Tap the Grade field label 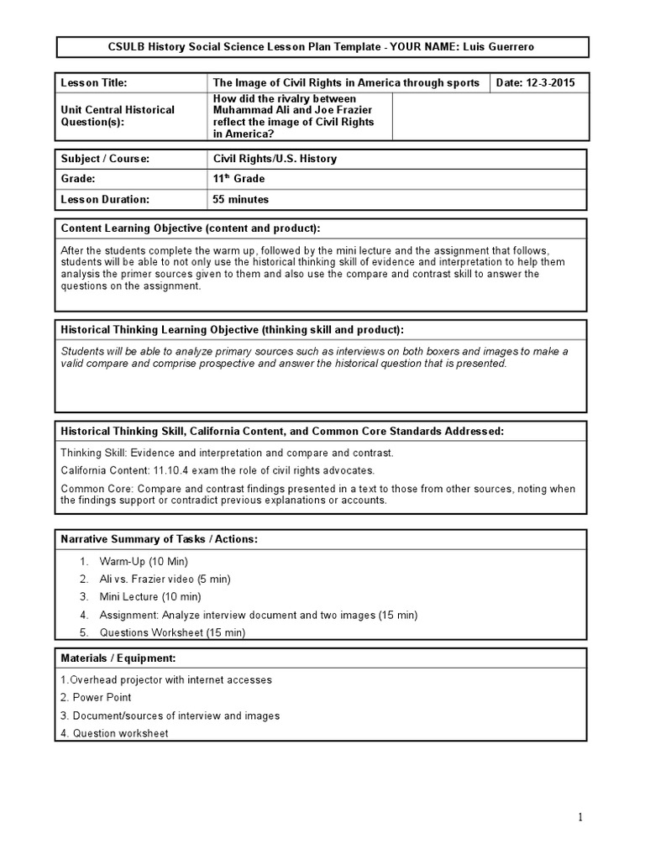79,179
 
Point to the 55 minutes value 241,200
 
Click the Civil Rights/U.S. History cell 275,159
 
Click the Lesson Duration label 105,200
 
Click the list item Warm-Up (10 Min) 144,560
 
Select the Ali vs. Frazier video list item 165,579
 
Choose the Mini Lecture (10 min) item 150,596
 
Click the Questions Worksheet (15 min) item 172,632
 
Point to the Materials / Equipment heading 118,658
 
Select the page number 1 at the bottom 579,817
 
